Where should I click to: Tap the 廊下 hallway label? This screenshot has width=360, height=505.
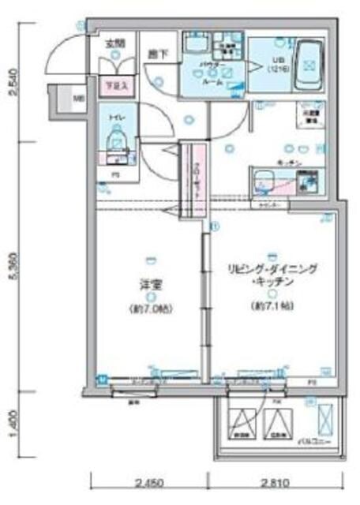tap(156, 54)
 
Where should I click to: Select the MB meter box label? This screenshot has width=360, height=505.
tap(78, 99)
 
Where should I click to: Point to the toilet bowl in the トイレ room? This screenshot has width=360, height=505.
tap(116, 142)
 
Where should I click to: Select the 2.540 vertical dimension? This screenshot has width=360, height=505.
tap(11, 84)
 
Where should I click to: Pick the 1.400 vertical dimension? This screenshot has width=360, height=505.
tap(11, 430)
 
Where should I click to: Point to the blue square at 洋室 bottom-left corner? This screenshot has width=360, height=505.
tap(100, 380)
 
